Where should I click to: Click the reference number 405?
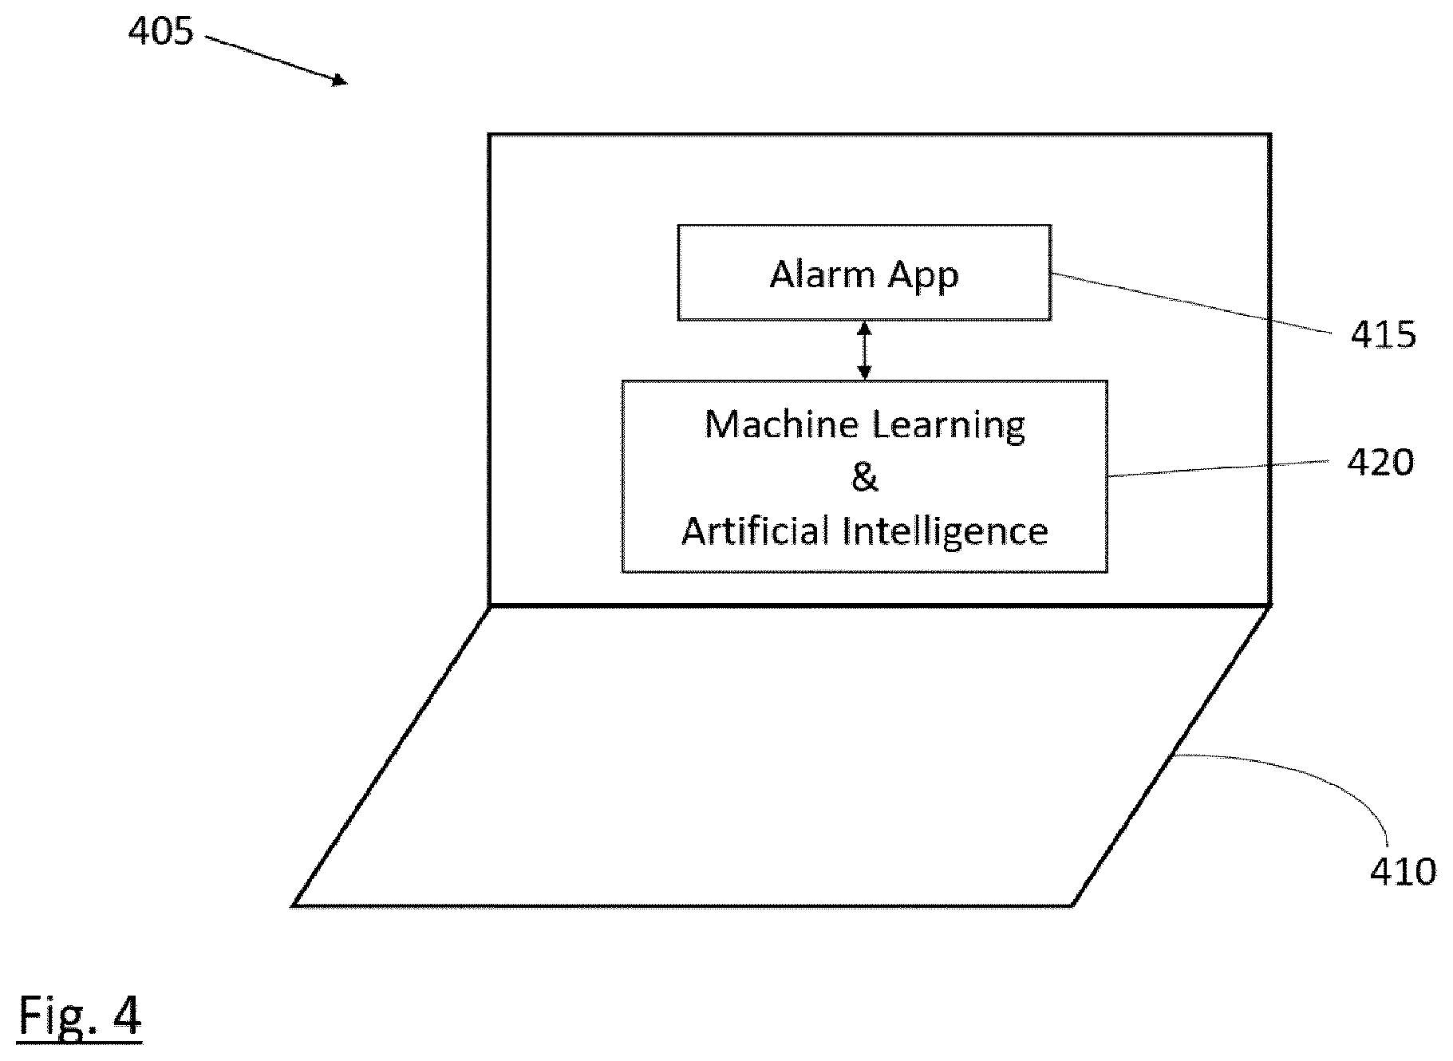[161, 31]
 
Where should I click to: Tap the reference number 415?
[1383, 335]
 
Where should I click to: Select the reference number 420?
[1380, 462]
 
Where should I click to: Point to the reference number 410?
[1403, 871]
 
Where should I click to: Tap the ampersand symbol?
[864, 477]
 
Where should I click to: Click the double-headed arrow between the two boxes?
[864, 350]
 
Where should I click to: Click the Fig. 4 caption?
[80, 1016]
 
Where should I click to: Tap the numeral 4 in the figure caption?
[126, 1015]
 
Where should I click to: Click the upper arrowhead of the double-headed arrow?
[864, 328]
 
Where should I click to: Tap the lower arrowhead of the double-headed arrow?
[864, 373]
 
